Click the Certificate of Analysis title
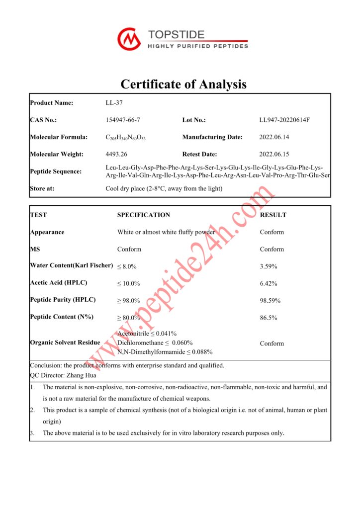183,84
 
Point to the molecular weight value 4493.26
117,154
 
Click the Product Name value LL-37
114,103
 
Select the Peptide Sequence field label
56,171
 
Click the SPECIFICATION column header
143,215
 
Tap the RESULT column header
273,215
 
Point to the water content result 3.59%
269,266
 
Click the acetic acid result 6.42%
269,283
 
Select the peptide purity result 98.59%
270,301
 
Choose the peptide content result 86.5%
269,318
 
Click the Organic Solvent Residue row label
65,342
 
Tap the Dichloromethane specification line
155,343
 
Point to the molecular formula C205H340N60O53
126,138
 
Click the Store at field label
42,188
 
